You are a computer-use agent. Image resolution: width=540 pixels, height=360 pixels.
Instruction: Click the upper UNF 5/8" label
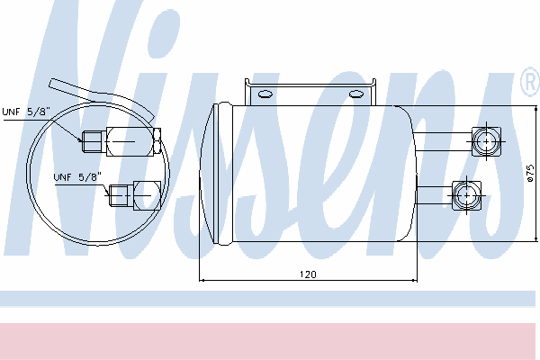click(x=26, y=112)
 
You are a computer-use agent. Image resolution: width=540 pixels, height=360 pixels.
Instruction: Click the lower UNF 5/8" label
click(x=77, y=177)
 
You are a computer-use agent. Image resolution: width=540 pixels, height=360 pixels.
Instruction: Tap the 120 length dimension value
click(x=308, y=274)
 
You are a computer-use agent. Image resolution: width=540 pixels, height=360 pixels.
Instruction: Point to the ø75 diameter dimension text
click(x=531, y=173)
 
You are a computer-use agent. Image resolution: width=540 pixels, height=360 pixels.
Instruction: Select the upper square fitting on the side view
click(x=486, y=141)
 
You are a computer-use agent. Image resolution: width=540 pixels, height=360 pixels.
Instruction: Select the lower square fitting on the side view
click(x=466, y=195)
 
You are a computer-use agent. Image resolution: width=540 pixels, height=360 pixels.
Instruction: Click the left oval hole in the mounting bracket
click(x=265, y=94)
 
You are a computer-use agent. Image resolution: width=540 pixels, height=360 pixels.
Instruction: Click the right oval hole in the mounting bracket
click(x=356, y=94)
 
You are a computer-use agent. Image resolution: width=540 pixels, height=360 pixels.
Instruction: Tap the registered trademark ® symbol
click(x=530, y=82)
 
